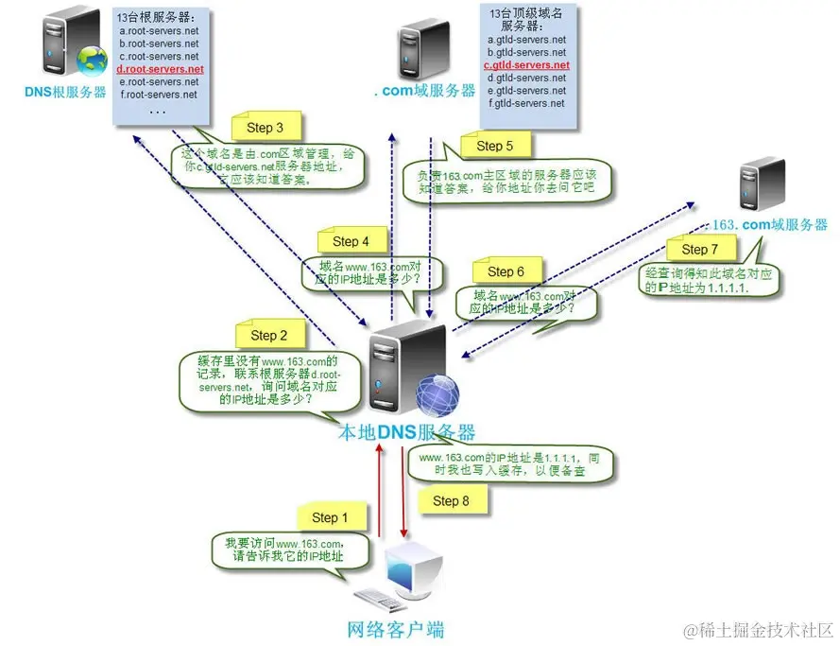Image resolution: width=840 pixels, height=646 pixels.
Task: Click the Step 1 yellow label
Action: coord(331,517)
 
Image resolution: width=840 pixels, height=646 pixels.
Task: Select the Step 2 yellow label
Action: coord(269,335)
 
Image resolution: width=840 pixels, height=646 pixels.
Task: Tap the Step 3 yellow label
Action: coord(266,128)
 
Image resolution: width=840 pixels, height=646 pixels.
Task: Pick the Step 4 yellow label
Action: coord(345,241)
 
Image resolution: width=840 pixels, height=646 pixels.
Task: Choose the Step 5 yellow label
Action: coord(495,146)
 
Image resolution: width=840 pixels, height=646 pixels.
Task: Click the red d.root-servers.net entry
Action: coord(160,69)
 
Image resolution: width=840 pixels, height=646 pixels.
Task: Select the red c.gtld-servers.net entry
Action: coord(526,65)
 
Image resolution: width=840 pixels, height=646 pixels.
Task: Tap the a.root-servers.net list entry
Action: coord(159,30)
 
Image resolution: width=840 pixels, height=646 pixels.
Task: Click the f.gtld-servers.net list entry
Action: coord(526,103)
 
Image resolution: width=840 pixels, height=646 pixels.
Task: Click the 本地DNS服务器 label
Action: coord(406,433)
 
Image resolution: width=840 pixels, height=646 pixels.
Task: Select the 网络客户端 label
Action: coord(396,629)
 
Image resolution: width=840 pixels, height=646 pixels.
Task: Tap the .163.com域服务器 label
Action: coord(769,224)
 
